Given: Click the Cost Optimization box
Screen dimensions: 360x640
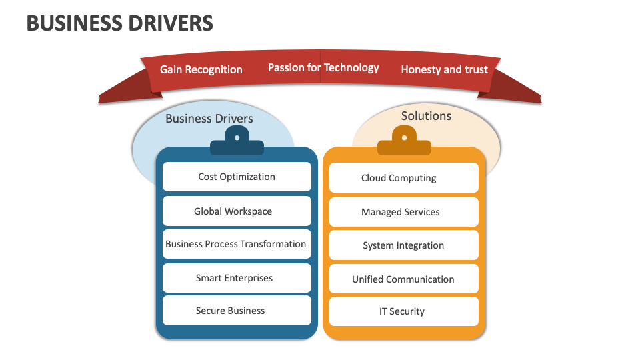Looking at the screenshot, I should point(237,177).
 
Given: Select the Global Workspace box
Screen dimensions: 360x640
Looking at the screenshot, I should point(237,211).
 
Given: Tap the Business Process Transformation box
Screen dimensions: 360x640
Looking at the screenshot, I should point(237,244).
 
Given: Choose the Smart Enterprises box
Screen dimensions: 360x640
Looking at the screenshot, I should point(237,278).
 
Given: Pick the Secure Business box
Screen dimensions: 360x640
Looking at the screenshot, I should point(237,311).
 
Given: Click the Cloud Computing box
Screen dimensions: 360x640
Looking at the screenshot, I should point(403,178).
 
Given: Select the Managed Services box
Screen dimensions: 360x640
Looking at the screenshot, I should point(403,212).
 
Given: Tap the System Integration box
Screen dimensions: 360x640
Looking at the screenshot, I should point(403,245).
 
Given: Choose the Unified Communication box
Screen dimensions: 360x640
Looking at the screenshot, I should point(403,279).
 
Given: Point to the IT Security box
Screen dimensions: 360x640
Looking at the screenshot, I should point(403,311).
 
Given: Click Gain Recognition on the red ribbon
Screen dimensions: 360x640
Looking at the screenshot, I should point(201,69).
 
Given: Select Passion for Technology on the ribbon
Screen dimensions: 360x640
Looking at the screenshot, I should point(323,67).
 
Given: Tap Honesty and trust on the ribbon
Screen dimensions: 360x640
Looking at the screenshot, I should point(444,69).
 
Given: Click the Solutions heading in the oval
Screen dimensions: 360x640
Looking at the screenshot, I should point(426,116).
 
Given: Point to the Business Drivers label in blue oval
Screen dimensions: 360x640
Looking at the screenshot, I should point(209,119).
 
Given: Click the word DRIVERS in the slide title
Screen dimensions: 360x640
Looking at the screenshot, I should point(167,23).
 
